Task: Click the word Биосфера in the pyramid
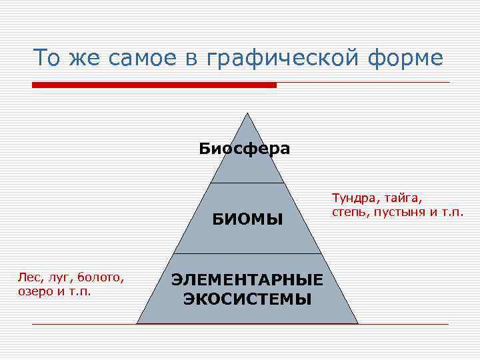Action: pos(244,148)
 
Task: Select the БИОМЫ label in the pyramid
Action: pos(247,219)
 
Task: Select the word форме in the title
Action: pos(409,59)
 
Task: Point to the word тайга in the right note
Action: pos(401,199)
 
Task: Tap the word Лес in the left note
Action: pos(28,277)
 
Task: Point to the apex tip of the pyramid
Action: pos(247,113)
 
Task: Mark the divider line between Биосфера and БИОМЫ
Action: pos(247,183)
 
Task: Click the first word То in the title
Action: pos(47,59)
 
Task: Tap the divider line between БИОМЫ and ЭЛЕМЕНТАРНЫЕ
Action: pos(247,253)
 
